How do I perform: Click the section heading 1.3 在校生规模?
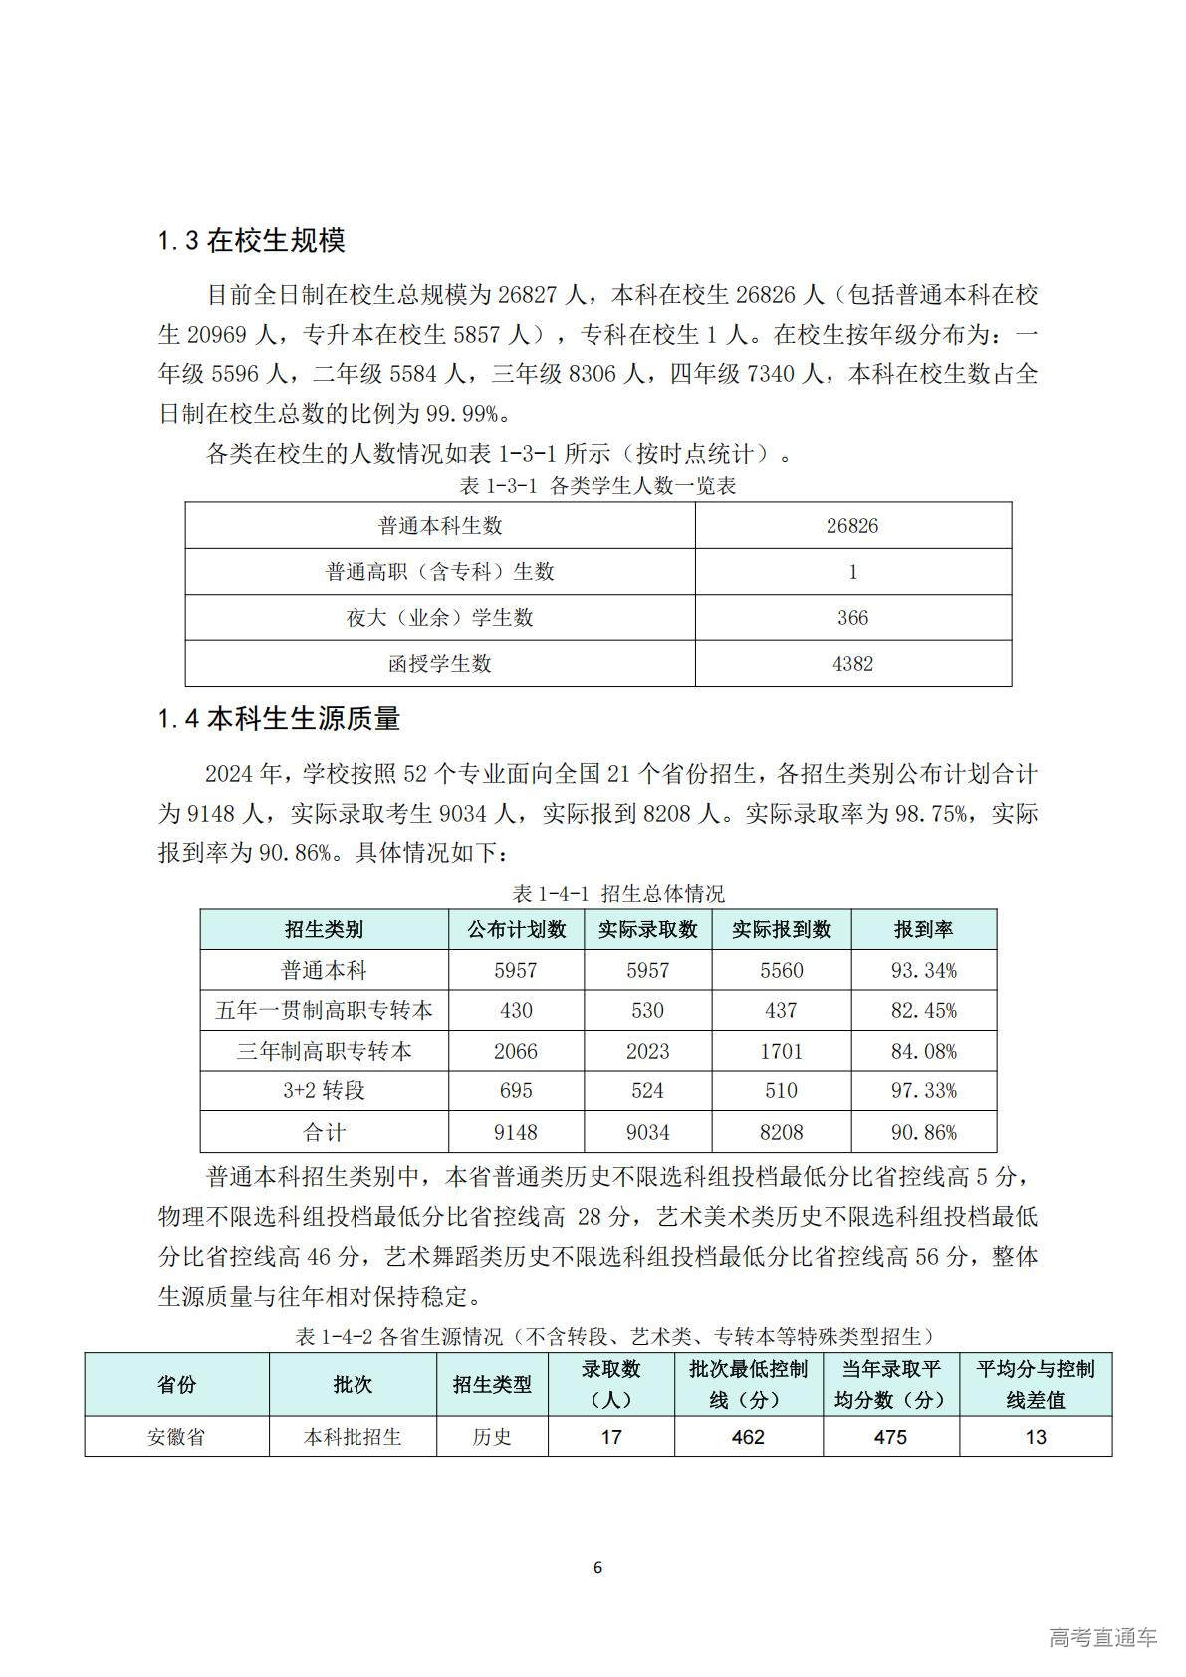(252, 240)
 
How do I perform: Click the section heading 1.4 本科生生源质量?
(279, 718)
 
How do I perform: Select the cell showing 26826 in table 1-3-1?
(852, 526)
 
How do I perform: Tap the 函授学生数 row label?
(439, 664)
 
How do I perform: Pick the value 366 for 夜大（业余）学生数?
(852, 618)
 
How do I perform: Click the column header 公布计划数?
(516, 929)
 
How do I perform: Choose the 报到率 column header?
(923, 929)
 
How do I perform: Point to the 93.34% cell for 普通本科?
(923, 970)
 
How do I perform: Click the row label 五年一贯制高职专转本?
(324, 1011)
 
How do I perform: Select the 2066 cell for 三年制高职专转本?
(516, 1052)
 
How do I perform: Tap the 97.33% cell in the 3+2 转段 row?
(923, 1091)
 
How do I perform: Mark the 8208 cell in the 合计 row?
(781, 1132)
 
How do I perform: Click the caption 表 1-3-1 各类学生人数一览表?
(597, 486)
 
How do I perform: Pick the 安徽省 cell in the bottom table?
(176, 1437)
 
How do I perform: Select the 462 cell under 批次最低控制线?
(748, 1437)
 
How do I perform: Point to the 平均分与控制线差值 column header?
(1036, 1384)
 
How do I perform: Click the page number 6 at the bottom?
(597, 1568)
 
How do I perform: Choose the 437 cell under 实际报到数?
(781, 1011)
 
